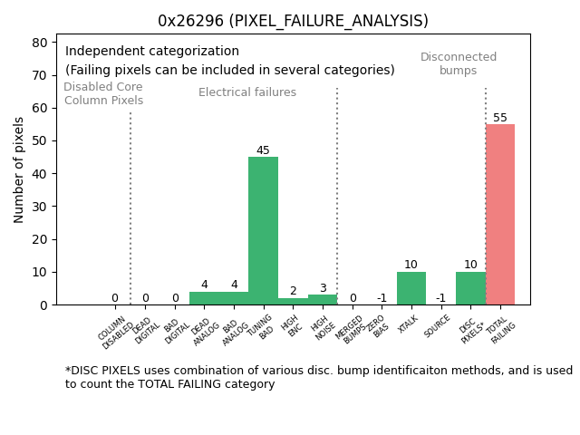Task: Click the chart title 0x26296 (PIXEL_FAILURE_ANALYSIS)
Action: click(293, 21)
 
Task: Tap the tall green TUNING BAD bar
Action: click(263, 230)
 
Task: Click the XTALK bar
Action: click(411, 288)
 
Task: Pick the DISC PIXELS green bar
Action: click(470, 288)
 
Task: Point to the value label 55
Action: click(500, 118)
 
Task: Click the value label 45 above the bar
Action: click(263, 150)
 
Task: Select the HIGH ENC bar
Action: click(293, 301)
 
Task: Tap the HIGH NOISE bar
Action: click(322, 299)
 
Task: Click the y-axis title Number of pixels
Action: click(19, 169)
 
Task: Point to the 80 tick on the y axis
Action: click(40, 43)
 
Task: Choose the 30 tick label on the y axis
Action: click(40, 207)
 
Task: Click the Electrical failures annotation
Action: click(247, 92)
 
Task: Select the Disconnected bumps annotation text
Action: click(459, 64)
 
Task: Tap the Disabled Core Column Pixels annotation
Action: click(103, 94)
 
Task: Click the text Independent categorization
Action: click(152, 52)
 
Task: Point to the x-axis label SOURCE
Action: click(438, 327)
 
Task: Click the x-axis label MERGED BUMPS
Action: click(351, 329)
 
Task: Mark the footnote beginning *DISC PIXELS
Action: click(318, 377)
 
